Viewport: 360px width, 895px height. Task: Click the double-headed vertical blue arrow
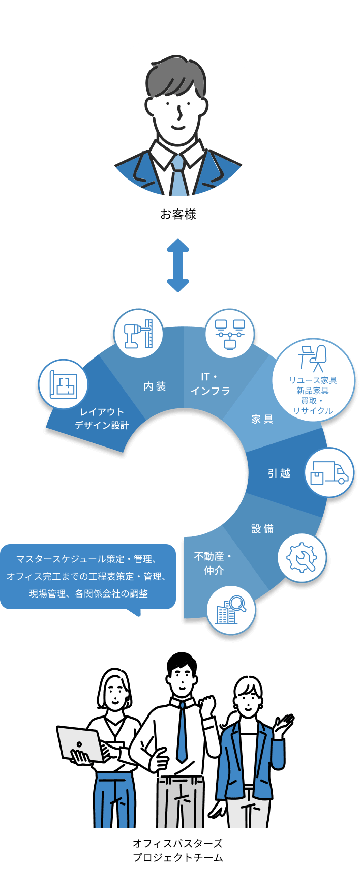(x=178, y=265)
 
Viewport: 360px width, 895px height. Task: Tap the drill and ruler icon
(x=138, y=334)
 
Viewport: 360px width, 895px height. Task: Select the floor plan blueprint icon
(x=64, y=384)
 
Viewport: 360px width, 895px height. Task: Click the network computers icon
(x=230, y=334)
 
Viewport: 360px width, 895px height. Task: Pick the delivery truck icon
(x=329, y=472)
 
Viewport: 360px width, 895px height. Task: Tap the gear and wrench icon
(x=302, y=557)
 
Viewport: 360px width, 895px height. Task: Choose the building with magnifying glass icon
(x=231, y=610)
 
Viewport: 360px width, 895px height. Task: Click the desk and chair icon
(x=313, y=358)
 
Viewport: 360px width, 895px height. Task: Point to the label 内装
(x=155, y=386)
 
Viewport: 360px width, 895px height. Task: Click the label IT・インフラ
(x=210, y=384)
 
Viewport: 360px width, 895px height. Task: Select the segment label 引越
(x=279, y=473)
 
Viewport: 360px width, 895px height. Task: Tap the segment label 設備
(x=262, y=529)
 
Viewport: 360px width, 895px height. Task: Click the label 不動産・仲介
(x=213, y=563)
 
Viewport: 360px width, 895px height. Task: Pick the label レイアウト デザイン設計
(x=102, y=419)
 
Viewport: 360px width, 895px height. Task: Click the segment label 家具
(x=262, y=419)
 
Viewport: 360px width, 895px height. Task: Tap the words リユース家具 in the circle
(x=313, y=380)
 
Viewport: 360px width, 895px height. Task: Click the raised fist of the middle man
(x=207, y=706)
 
